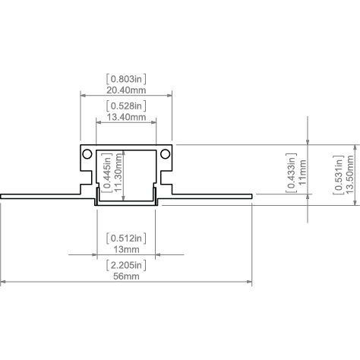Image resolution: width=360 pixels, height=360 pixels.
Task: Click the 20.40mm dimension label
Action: pyautogui.click(x=126, y=90)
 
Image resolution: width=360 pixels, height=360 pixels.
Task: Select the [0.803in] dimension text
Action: pyautogui.click(x=126, y=79)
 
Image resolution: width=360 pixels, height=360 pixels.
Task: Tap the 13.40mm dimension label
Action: pyautogui.click(x=126, y=117)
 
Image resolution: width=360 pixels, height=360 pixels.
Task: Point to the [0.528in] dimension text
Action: pyautogui.click(x=126, y=106)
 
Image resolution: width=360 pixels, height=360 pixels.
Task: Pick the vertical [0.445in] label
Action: pyautogui.click(x=107, y=172)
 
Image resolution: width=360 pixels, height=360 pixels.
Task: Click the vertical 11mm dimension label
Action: pyautogui.click(x=302, y=172)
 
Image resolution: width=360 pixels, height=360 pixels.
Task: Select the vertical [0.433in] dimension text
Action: pyautogui.click(x=291, y=173)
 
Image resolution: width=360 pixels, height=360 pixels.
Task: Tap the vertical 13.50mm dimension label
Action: pyautogui.click(x=349, y=175)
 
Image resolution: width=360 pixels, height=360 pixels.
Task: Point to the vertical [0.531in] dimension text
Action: pyautogui.click(x=338, y=175)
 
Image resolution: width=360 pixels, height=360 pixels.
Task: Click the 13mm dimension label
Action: pyautogui.click(x=126, y=249)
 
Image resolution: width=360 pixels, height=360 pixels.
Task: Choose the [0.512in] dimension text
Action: pyautogui.click(x=126, y=238)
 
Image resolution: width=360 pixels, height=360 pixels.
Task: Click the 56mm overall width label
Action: pyautogui.click(x=126, y=276)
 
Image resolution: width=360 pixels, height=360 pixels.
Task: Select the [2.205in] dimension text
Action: pyautogui.click(x=126, y=265)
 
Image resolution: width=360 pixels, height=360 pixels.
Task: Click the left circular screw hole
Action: pyautogui.click(x=87, y=154)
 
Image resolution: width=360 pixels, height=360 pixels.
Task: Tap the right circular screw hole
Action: pyautogui.click(x=166, y=154)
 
